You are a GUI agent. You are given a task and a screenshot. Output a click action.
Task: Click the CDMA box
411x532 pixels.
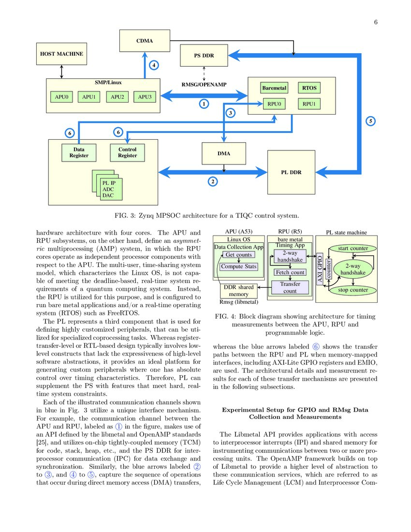145,41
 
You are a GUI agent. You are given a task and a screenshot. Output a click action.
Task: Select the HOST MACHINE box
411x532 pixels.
61,54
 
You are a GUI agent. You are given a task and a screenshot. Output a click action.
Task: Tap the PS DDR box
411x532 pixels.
204,56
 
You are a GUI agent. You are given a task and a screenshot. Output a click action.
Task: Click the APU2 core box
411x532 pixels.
117,97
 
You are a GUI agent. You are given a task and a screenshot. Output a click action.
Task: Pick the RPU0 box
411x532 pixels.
274,103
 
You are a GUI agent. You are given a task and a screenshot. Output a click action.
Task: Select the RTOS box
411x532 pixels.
309,88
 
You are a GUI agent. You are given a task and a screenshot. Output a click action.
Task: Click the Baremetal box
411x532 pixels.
274,88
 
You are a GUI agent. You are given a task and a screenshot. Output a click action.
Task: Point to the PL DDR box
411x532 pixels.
291,172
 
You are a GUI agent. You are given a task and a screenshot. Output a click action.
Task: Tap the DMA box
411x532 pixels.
223,154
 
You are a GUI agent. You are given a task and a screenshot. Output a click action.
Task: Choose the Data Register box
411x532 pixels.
79,152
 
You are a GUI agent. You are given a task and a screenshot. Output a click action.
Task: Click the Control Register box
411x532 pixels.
127,152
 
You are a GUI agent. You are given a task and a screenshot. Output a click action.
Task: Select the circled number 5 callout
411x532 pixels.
371,121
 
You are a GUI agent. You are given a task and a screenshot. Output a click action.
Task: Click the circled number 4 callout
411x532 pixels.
153,65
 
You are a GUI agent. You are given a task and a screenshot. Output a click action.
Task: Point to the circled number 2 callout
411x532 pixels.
212,182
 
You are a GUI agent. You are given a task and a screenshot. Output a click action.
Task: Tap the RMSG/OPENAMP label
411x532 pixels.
204,84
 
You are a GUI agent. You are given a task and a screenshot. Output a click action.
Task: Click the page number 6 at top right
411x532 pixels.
375,22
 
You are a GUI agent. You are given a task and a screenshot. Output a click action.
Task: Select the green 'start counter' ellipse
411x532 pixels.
353,249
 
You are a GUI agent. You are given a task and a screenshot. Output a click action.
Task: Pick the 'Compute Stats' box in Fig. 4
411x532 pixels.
239,266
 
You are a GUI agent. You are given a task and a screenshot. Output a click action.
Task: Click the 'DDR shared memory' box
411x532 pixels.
238,291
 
